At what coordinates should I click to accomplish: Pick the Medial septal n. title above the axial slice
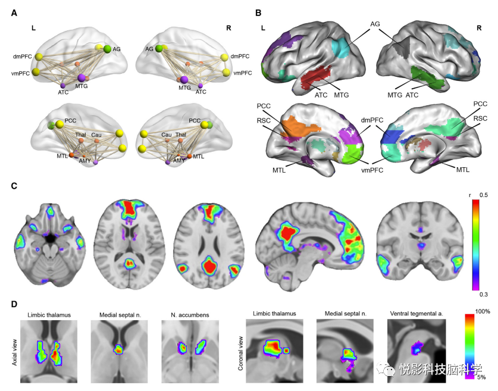coord(115,313)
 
